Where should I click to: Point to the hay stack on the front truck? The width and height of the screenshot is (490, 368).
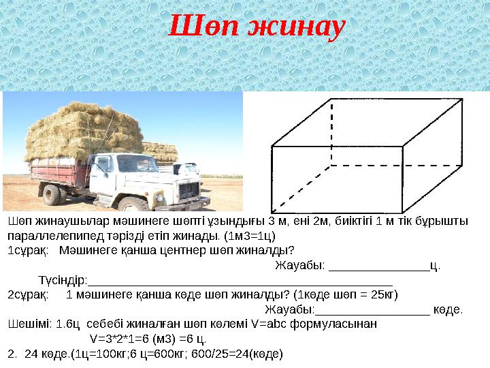tap(82, 129)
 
